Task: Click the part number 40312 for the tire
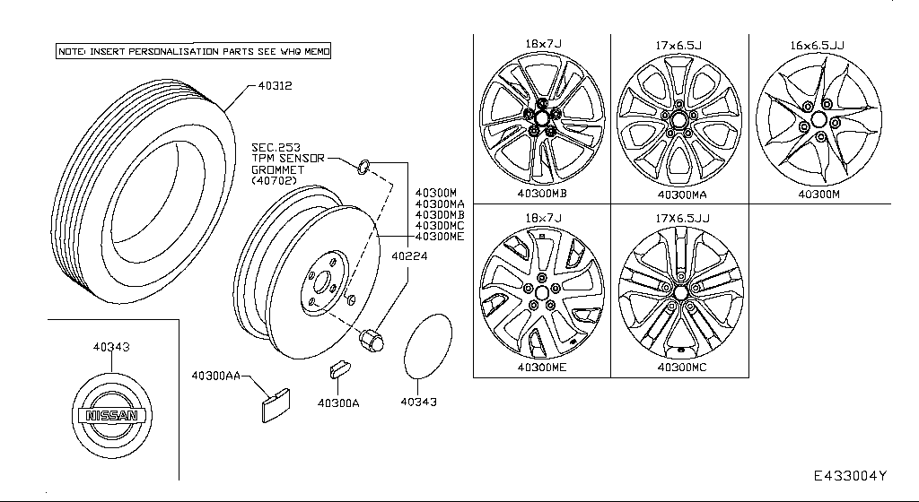click(x=276, y=86)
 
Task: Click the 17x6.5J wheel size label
click(x=678, y=43)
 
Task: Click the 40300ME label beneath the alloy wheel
click(x=541, y=367)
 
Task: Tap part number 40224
click(x=409, y=256)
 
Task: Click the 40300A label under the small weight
click(x=337, y=402)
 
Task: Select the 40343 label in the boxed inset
click(x=110, y=346)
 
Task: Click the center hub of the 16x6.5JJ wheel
click(x=818, y=121)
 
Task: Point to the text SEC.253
click(x=275, y=147)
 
